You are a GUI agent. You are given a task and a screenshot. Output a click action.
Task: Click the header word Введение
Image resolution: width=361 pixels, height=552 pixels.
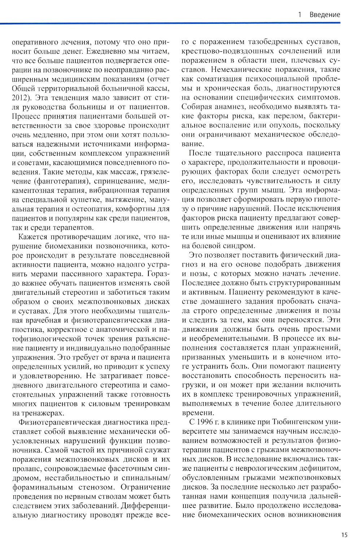click(325, 14)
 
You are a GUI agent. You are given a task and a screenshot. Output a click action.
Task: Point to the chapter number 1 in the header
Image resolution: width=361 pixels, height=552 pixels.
click(300, 14)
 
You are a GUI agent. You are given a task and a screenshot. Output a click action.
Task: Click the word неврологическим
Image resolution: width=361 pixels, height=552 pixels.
click(280, 468)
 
